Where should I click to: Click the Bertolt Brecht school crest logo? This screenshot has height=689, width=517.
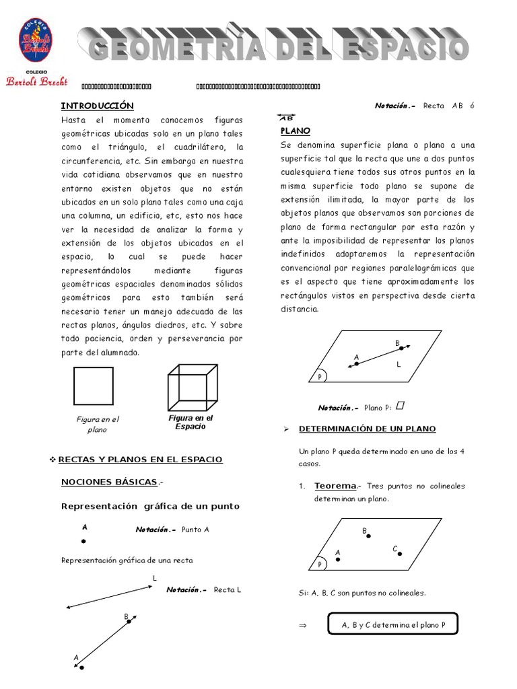point(36,40)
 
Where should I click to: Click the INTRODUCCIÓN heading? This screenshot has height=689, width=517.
point(98,106)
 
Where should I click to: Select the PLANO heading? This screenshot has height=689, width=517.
point(295,131)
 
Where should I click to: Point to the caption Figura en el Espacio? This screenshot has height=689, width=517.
point(191,422)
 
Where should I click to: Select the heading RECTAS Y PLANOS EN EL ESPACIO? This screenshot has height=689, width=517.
point(140,459)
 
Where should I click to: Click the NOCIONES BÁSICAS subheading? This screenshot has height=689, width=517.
point(110,482)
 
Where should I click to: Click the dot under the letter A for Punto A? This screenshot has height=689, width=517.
point(83,541)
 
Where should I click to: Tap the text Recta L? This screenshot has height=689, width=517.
point(228,589)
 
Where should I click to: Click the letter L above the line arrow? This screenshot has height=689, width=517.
point(154,578)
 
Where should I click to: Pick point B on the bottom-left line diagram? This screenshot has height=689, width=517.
point(129,622)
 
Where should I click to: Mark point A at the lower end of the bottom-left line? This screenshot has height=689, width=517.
point(81,667)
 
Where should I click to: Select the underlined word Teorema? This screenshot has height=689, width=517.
point(335,486)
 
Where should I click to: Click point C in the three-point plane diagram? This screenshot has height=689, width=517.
point(400,554)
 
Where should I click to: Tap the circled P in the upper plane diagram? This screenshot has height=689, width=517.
point(320,377)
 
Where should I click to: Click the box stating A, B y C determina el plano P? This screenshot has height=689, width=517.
point(393,625)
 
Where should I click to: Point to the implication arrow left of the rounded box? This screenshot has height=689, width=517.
point(302,625)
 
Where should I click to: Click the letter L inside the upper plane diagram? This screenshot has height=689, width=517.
point(399,364)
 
